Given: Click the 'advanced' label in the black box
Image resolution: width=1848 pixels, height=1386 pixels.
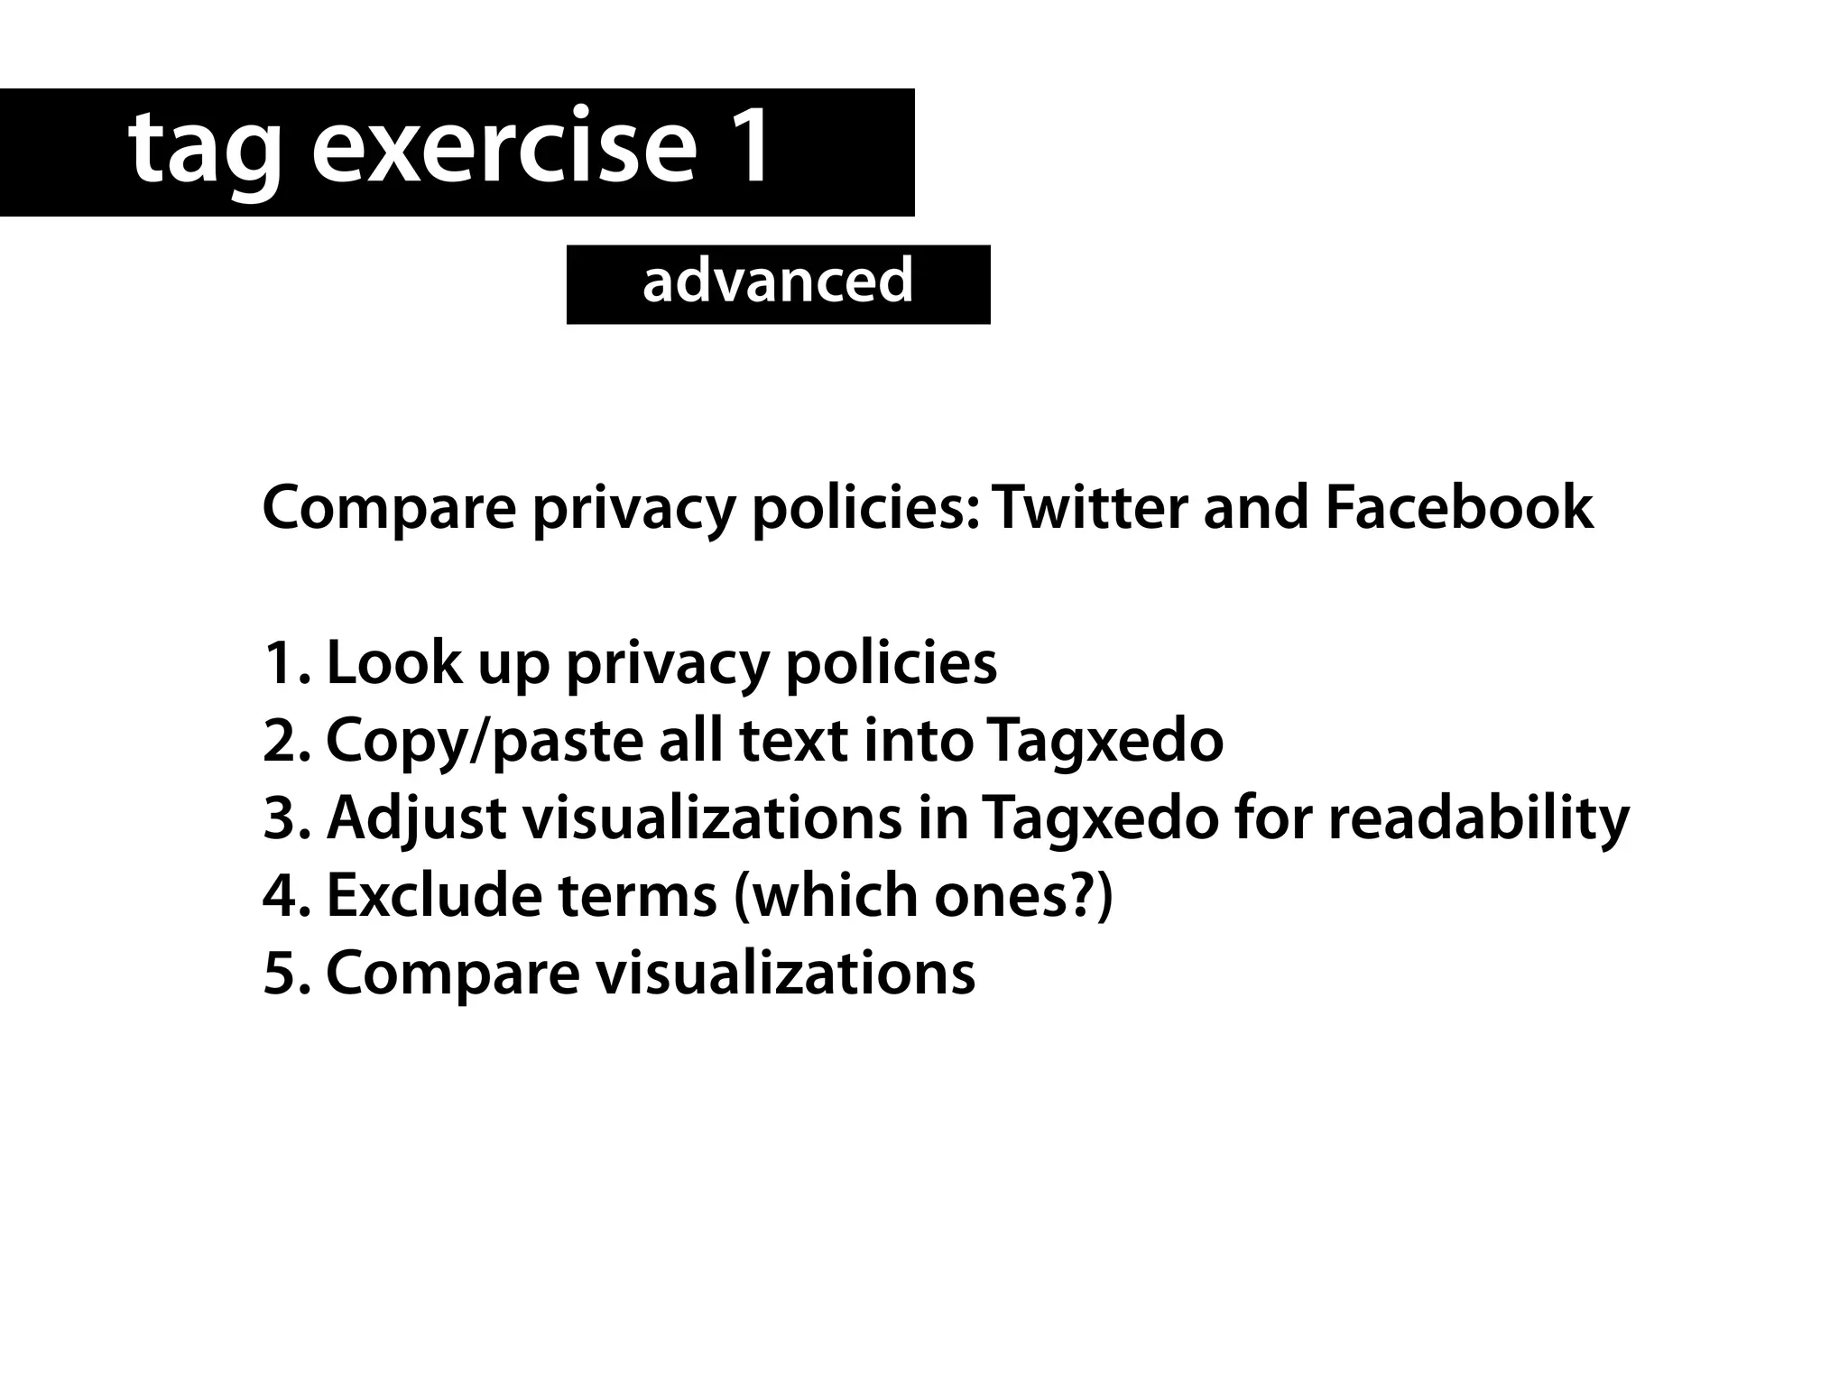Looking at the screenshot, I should coord(778,281).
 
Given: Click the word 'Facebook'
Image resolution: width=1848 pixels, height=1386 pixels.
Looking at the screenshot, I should coord(1458,507).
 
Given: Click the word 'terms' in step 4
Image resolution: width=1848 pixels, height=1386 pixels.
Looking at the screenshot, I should coord(637,896).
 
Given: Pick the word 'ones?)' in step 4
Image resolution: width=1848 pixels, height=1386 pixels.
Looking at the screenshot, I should coord(1023,896).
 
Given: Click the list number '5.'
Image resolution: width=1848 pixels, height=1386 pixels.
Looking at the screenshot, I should coord(286,974).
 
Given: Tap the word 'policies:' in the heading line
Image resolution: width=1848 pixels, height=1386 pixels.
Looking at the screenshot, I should coord(864,507).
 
